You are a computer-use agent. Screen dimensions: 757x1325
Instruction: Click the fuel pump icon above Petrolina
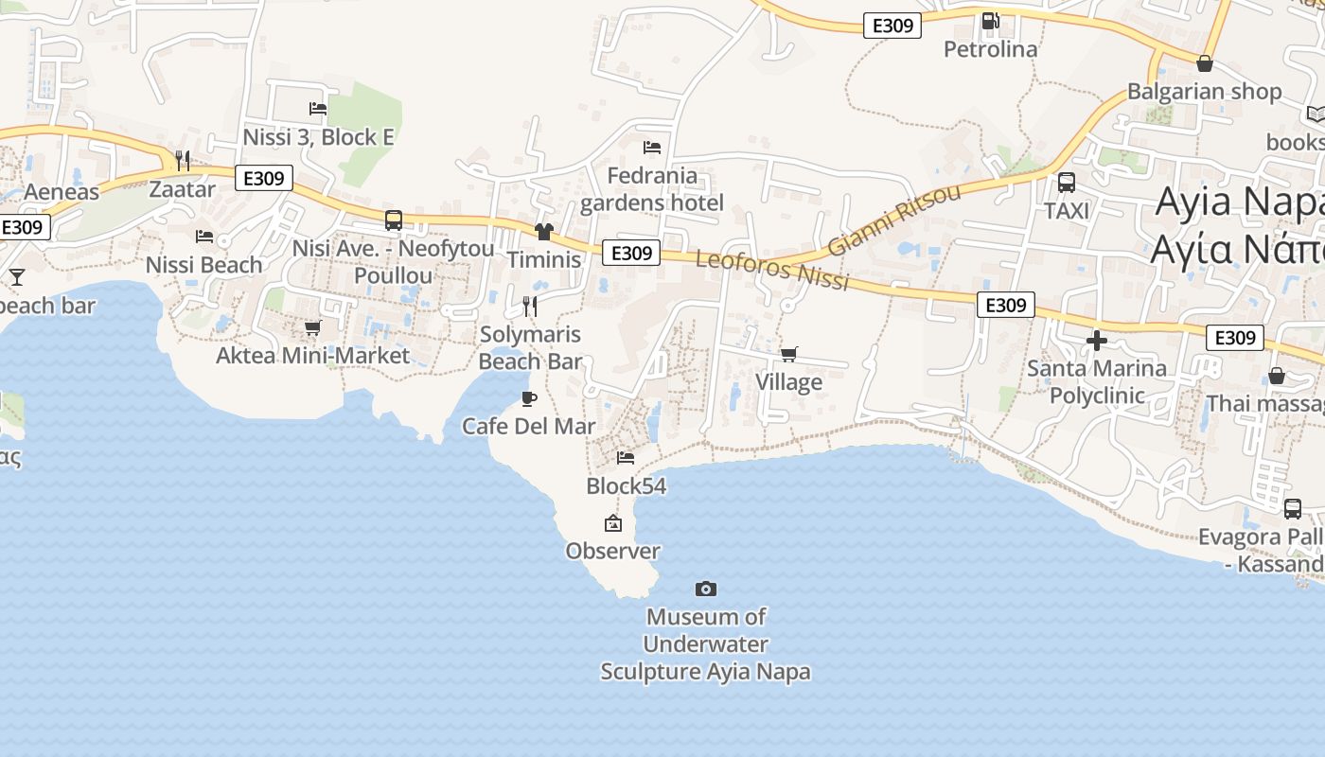pos(990,20)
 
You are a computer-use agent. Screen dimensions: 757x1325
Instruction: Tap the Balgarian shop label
pos(1204,92)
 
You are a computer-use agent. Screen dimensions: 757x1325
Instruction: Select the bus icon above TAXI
pos(1067,183)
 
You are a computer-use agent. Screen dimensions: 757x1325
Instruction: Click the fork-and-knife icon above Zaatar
pos(183,160)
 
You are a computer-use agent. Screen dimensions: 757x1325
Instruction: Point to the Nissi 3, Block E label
pos(318,137)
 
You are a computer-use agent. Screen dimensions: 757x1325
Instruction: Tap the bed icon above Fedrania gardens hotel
pos(652,147)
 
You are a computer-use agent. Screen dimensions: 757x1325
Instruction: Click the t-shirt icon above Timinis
pos(543,232)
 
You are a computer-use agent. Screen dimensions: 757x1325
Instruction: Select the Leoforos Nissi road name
pos(772,271)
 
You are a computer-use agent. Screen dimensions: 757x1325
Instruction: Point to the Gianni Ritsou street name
pos(893,220)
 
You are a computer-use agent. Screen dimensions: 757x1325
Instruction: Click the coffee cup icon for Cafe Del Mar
pos(529,398)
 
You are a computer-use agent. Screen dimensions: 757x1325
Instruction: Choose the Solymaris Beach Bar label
pos(530,347)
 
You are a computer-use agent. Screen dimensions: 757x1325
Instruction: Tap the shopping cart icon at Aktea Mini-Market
pos(312,327)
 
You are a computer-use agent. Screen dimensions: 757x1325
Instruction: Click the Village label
pos(788,382)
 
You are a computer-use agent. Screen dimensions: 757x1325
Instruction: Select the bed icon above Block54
pos(626,458)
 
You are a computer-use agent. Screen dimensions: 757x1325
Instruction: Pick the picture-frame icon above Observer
pos(613,523)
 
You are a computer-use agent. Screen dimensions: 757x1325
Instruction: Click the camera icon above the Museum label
pos(706,589)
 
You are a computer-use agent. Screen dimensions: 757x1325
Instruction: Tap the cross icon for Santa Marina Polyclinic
pos(1097,340)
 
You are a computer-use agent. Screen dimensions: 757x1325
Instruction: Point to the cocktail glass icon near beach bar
pos(17,277)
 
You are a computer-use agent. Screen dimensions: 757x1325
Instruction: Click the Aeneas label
pos(62,192)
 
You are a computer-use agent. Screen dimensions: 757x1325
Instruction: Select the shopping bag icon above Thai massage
pos(1277,376)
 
